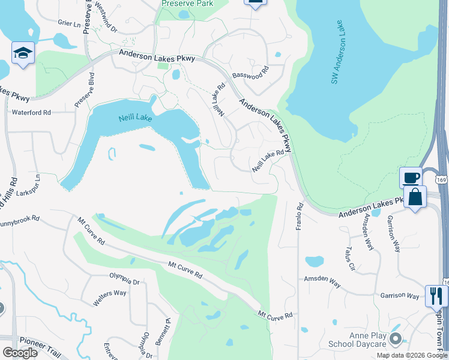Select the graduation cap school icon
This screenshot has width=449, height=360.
pyautogui.click(x=23, y=53)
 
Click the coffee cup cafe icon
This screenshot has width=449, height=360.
pyautogui.click(x=411, y=178)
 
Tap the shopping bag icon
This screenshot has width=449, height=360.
pyautogui.click(x=415, y=196)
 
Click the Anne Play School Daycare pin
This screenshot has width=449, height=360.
pyautogui.click(x=394, y=340)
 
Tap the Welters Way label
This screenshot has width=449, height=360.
pyautogui.click(x=110, y=298)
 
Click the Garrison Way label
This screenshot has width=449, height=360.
pyautogui.click(x=399, y=296)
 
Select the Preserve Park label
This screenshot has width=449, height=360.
pyautogui.click(x=188, y=4)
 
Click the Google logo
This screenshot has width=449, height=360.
pyautogui.click(x=20, y=353)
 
